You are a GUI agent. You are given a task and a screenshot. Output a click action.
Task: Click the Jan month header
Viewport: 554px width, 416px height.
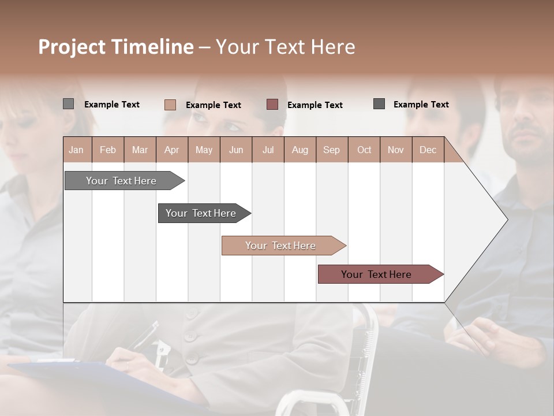[x=76, y=150]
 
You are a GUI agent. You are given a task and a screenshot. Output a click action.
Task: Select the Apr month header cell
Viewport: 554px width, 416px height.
[x=171, y=150]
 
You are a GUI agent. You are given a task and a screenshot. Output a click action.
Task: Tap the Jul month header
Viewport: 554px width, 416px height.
[x=268, y=150]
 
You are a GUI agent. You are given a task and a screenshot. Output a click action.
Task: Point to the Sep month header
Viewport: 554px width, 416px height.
[x=331, y=150]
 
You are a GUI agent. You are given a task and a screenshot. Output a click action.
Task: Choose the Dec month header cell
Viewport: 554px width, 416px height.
[x=428, y=150]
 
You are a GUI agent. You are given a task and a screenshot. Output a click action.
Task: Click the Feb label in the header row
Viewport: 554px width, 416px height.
[x=108, y=150]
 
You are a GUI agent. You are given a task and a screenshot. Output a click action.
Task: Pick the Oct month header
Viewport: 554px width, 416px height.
[x=364, y=150]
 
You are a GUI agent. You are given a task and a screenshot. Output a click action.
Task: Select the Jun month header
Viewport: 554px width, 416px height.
[x=235, y=150]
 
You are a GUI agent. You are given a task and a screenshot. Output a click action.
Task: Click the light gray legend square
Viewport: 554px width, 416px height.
[x=69, y=104]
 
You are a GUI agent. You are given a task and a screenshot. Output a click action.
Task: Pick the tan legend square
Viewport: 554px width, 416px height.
[x=170, y=105]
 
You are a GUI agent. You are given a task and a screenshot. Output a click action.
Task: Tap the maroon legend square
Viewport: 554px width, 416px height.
[x=272, y=105]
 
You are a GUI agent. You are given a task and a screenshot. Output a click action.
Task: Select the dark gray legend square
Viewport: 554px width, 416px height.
[x=379, y=104]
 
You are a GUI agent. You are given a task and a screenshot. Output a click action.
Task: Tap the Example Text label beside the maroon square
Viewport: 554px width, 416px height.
[x=315, y=105]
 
